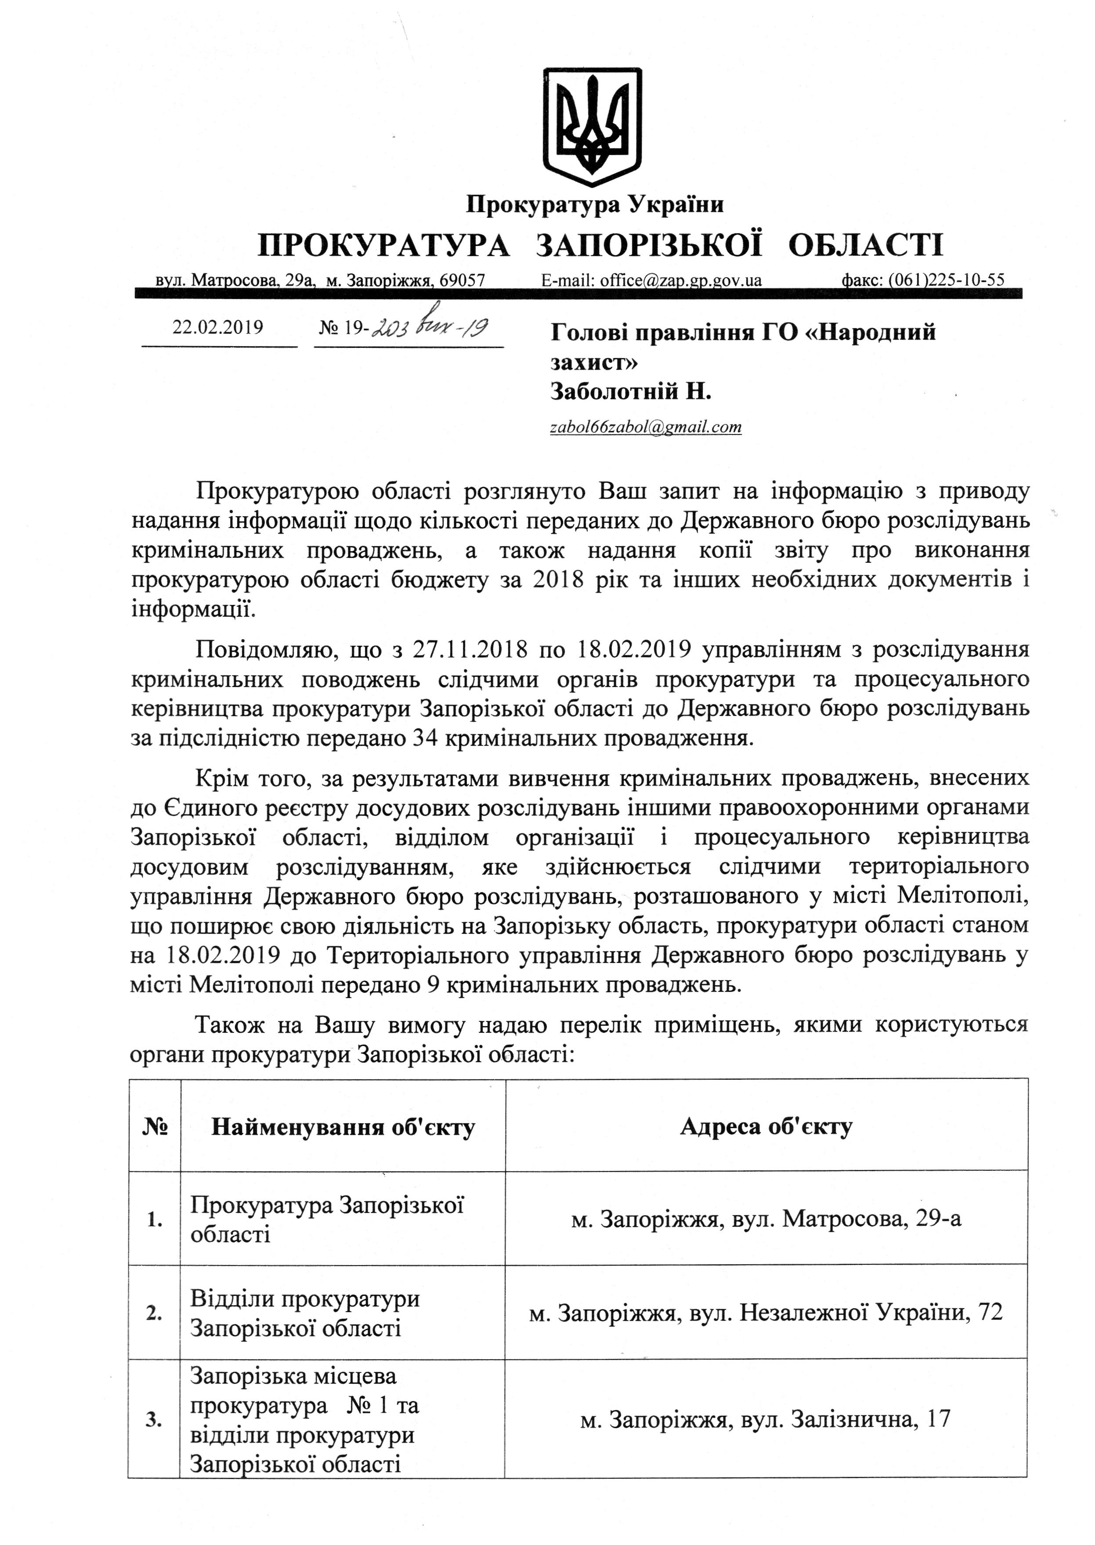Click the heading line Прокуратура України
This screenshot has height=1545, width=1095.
pyautogui.click(x=595, y=204)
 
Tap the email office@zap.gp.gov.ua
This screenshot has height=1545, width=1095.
pyautogui.click(x=651, y=280)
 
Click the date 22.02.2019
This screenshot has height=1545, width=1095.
pyautogui.click(x=218, y=327)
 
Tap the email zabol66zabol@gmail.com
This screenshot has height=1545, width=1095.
pyautogui.click(x=645, y=427)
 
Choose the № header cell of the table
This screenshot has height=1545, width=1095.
pyautogui.click(x=155, y=1127)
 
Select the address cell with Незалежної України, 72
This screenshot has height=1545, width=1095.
pyautogui.click(x=766, y=1312)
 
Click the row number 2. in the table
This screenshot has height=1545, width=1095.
pyautogui.click(x=155, y=1313)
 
